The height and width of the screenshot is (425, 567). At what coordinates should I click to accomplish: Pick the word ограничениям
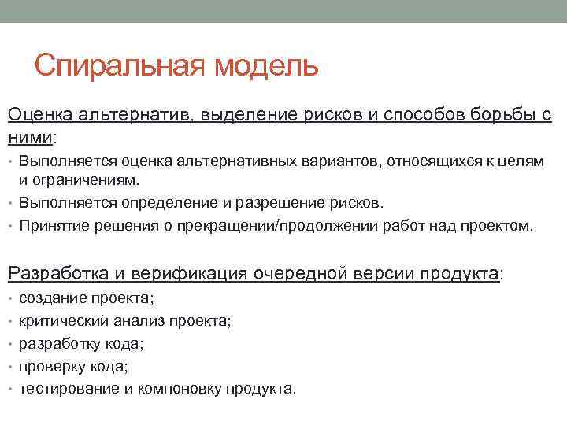tap(79, 179)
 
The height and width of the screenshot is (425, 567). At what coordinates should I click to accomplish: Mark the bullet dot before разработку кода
tap(11, 344)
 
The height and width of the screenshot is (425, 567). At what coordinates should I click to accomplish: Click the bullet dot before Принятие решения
tap(11, 227)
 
